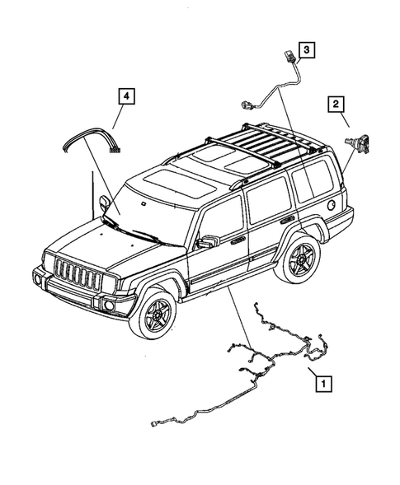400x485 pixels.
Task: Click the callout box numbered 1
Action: [x=322, y=382]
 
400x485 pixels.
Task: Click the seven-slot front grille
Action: [x=80, y=275]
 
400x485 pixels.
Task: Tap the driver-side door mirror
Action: [x=207, y=241]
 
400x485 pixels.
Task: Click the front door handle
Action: [x=238, y=240]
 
